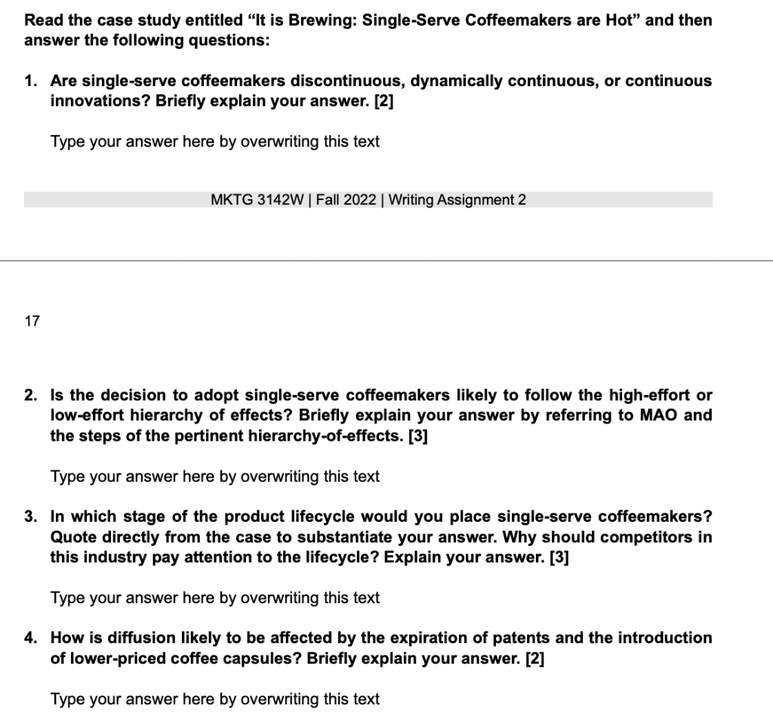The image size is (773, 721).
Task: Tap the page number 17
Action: pos(32,321)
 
